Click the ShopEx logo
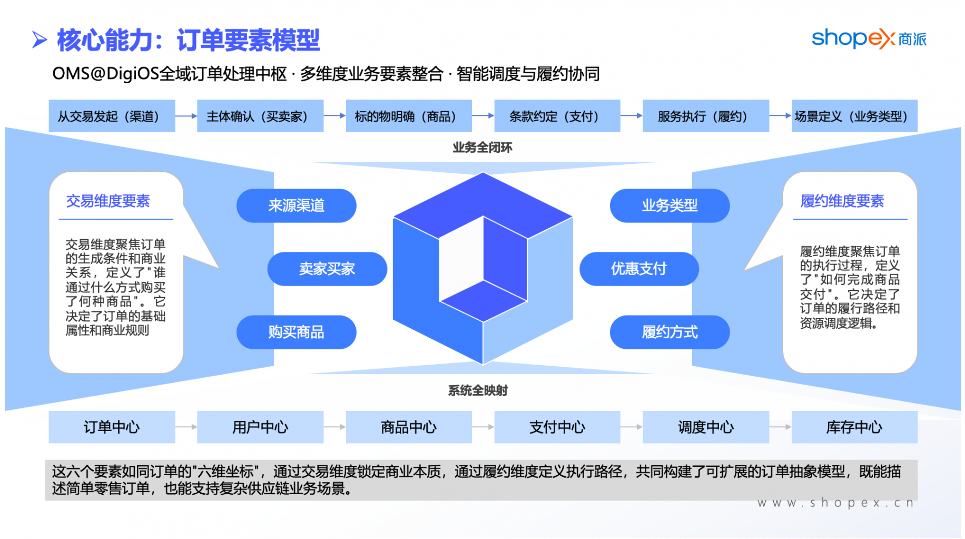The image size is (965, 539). (x=869, y=38)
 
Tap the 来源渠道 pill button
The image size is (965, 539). (x=296, y=205)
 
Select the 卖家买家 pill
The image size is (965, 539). (x=327, y=269)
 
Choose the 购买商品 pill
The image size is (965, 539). (x=296, y=332)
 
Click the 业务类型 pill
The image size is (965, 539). (x=669, y=205)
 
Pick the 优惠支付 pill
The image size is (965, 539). (x=639, y=269)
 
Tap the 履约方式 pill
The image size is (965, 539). (x=669, y=332)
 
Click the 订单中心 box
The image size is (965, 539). (x=112, y=427)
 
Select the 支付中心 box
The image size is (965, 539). (x=557, y=427)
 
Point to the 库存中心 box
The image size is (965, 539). (x=854, y=427)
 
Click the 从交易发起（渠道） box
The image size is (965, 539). (x=112, y=116)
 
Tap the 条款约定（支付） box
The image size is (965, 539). (x=557, y=116)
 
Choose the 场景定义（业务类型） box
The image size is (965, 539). (x=854, y=116)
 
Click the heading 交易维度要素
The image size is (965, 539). (x=108, y=201)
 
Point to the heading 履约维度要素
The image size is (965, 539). (x=842, y=201)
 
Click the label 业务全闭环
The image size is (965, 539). (x=483, y=148)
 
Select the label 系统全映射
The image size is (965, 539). (x=478, y=390)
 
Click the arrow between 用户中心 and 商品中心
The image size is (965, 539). (x=334, y=427)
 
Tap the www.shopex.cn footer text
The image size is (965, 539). (x=835, y=503)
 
